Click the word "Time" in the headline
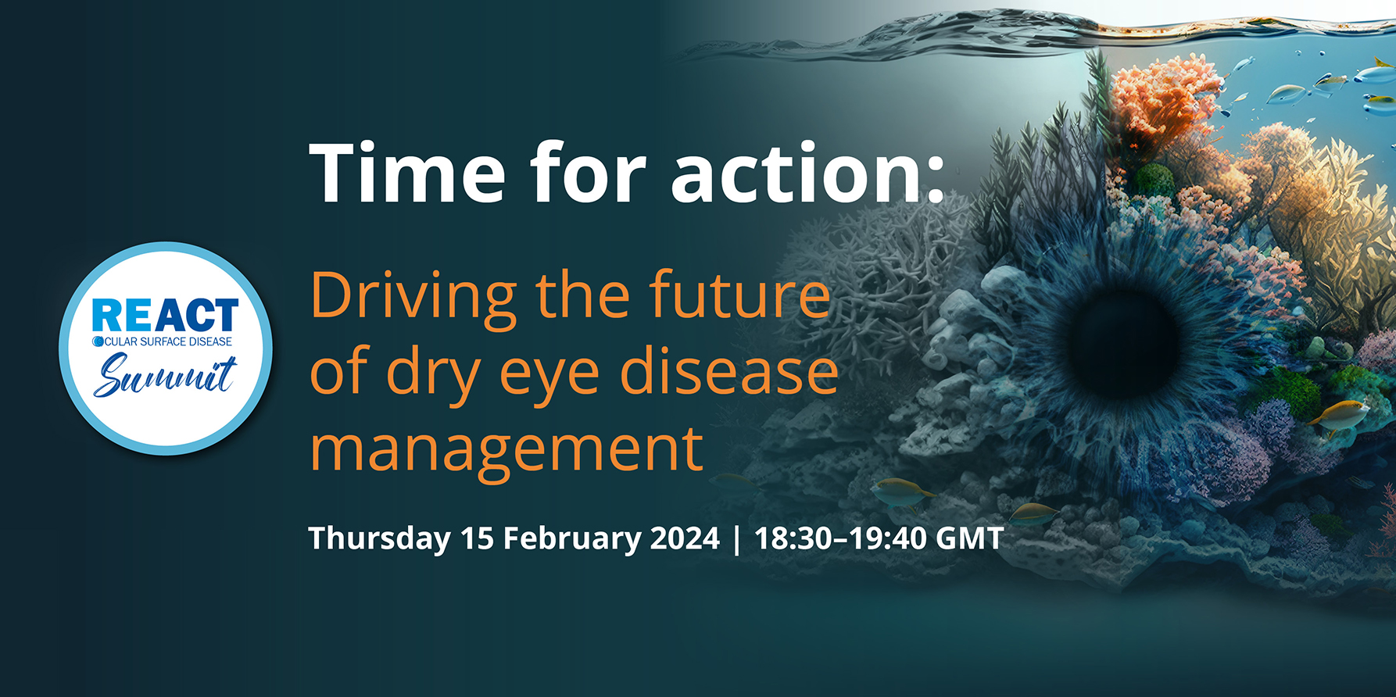pyautogui.click(x=407, y=173)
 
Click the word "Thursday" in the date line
pyautogui.click(x=379, y=539)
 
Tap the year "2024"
pyautogui.click(x=685, y=538)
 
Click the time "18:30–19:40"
pyautogui.click(x=840, y=538)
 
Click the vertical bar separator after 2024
pyautogui.click(x=737, y=539)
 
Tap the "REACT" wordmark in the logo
pyautogui.click(x=165, y=315)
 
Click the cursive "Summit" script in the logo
pyautogui.click(x=165, y=376)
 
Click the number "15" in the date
pyautogui.click(x=477, y=538)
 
